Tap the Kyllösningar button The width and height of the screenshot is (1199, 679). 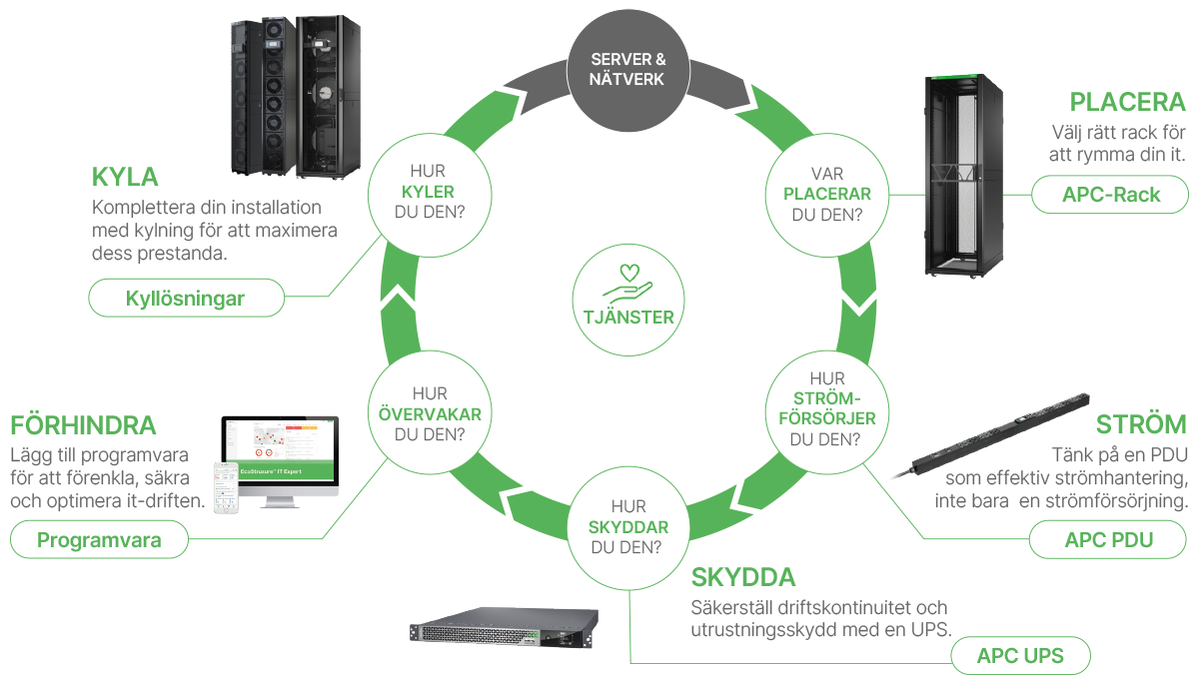(x=185, y=298)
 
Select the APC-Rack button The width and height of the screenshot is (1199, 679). (x=1110, y=194)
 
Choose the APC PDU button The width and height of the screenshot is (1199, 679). (x=1108, y=541)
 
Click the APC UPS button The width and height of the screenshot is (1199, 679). (x=1019, y=656)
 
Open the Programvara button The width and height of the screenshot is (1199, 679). (x=99, y=540)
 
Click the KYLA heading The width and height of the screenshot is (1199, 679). (x=125, y=178)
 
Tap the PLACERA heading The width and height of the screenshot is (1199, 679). (x=1127, y=103)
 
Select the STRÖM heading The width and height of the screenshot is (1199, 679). (x=1141, y=424)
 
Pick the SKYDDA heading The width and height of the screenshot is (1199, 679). (x=743, y=578)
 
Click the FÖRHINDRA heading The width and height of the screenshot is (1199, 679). (x=84, y=425)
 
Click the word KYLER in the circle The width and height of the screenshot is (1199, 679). (x=428, y=192)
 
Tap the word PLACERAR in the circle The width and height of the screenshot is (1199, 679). (x=826, y=193)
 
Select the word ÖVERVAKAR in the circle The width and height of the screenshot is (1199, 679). (x=428, y=414)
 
